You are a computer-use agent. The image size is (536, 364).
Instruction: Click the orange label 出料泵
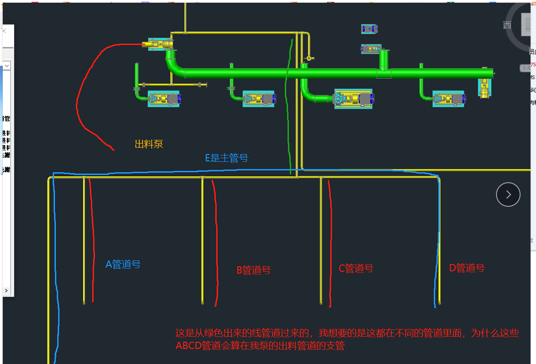[x=149, y=145]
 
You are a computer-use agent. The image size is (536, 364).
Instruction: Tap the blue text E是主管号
[x=227, y=158]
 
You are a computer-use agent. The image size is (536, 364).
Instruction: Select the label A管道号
[x=123, y=264]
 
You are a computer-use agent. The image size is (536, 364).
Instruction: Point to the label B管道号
[x=253, y=270]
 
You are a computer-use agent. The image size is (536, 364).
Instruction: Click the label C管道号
[x=356, y=269]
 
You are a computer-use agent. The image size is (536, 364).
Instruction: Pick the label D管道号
[x=467, y=268]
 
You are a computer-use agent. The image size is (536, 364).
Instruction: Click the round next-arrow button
[x=508, y=194]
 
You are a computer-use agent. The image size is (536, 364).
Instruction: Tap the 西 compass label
[x=507, y=25]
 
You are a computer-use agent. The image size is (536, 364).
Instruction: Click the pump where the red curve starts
[x=158, y=44]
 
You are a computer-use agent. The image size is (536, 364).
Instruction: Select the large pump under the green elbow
[x=353, y=99]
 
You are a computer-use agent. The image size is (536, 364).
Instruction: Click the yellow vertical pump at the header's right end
[x=485, y=87]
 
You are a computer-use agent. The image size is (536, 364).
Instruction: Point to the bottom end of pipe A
[x=84, y=302]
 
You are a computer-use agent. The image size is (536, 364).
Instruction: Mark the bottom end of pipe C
[x=321, y=303]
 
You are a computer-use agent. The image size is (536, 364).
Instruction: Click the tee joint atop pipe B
[x=203, y=177]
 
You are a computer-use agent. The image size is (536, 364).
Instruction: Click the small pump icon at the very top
[x=369, y=29]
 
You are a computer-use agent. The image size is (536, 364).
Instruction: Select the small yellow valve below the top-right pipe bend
[x=309, y=58]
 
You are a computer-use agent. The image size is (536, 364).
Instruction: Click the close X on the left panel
[x=4, y=31]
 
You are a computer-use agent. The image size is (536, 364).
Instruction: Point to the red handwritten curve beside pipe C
[x=330, y=241]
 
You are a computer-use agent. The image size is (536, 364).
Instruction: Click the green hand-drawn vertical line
[x=288, y=114]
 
